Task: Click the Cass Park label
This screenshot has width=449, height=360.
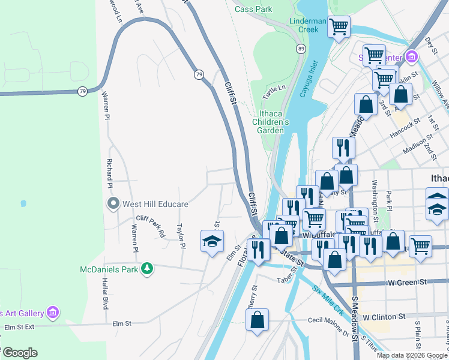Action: pyautogui.click(x=253, y=9)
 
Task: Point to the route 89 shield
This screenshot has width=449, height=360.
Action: pyautogui.click(x=300, y=48)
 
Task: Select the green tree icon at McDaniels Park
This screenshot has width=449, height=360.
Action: pyautogui.click(x=146, y=268)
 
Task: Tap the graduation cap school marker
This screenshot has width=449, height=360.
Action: pyautogui.click(x=211, y=241)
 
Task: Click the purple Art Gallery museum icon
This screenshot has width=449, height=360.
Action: pyautogui.click(x=53, y=313)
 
